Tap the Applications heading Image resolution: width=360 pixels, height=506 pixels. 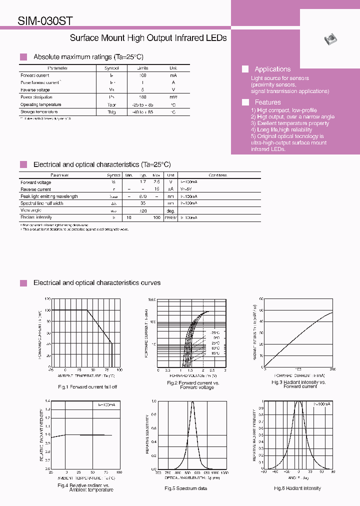pos(272,69)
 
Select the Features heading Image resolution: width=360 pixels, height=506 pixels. pos(267,102)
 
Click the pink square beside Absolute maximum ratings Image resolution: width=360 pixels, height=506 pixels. pos(23,57)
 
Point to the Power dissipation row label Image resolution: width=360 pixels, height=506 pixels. pos(36,97)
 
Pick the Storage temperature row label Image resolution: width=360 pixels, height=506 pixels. pos(39,112)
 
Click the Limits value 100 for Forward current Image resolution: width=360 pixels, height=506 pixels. pos(142,75)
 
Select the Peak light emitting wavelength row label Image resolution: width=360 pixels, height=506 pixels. pos(49,196)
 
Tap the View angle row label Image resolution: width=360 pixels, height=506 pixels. pos(30,210)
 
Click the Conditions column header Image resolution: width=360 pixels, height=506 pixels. pos(217,175)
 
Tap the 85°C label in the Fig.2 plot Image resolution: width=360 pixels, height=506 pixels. pos(215,353)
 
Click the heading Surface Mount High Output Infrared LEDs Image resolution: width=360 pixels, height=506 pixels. pos(148,38)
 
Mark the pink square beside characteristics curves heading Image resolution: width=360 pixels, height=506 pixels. pos(23,283)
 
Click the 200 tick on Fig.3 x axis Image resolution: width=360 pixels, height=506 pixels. pos(332,370)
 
